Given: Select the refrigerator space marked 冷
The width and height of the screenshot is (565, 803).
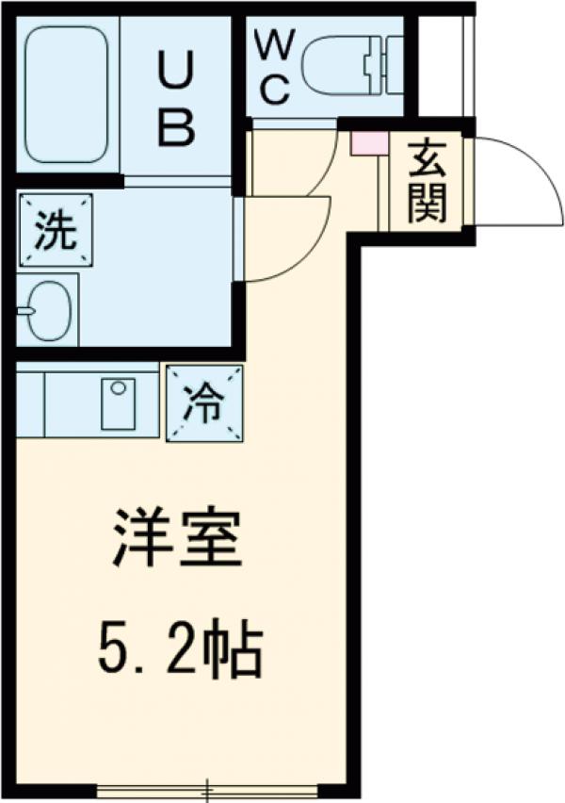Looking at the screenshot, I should (204, 403).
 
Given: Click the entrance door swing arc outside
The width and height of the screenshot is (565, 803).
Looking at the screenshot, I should (513, 184).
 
